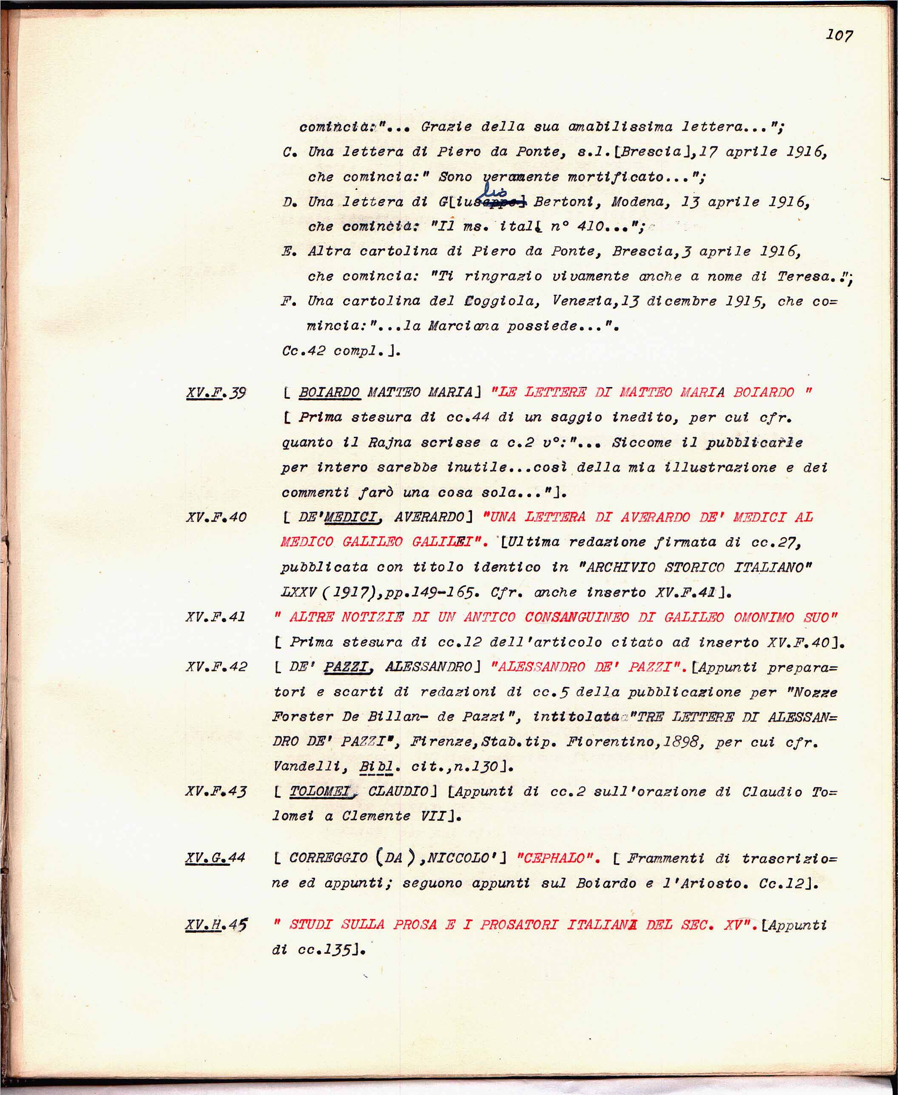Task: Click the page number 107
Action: (x=839, y=35)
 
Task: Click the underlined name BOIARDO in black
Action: (x=330, y=392)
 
